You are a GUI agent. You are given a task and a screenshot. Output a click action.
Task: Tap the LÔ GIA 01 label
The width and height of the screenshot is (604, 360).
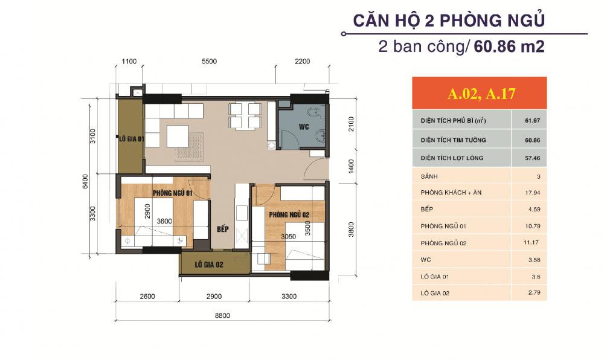pos(131,138)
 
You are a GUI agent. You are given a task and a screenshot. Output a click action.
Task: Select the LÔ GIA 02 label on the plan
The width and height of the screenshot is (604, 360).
pos(210,264)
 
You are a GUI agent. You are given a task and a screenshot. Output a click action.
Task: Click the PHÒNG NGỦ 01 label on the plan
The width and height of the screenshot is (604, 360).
pos(172,193)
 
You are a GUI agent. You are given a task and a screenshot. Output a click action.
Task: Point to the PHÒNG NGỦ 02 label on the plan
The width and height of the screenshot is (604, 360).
pos(289,215)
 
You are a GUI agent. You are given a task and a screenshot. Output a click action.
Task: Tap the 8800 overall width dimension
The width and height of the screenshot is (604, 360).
pos(222,316)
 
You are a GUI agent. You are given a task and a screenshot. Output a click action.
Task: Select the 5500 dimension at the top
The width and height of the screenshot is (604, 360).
pos(209,62)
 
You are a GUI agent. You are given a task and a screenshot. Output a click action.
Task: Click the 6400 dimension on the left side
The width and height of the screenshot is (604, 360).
pos(86,181)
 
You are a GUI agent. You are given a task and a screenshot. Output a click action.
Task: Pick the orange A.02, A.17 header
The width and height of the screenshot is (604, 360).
pos(479,94)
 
